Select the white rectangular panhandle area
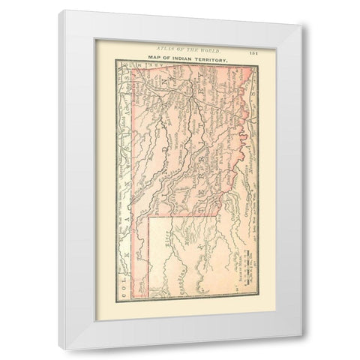[180, 255]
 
